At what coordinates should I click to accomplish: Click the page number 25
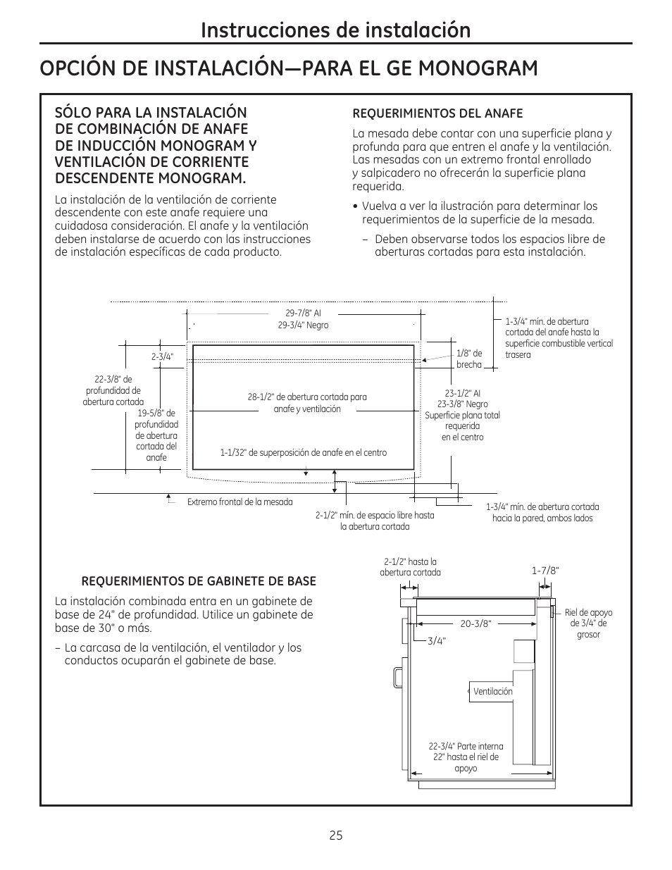[335, 835]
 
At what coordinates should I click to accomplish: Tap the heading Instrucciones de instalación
[335, 30]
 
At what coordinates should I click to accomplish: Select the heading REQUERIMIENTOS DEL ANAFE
[437, 113]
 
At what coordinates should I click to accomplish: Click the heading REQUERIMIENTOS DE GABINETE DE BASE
[199, 581]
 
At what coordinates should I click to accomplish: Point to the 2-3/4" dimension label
[162, 357]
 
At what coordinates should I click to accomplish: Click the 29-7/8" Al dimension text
[303, 313]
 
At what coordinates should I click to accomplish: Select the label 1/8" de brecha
[469, 359]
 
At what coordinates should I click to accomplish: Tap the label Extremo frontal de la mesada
[239, 502]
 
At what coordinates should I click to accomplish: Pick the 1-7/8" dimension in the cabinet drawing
[545, 571]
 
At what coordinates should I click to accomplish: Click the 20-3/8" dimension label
[475, 623]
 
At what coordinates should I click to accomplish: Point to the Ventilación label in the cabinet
[492, 692]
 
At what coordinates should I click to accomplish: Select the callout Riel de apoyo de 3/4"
[589, 623]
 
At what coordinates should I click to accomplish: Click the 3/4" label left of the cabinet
[437, 641]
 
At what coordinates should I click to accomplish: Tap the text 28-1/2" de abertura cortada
[307, 397]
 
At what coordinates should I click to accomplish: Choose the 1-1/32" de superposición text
[303, 453]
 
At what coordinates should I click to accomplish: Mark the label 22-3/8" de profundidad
[113, 390]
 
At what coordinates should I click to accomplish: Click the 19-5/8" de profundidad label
[156, 435]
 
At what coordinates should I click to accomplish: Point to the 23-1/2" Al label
[462, 394]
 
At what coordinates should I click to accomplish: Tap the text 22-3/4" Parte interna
[466, 747]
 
